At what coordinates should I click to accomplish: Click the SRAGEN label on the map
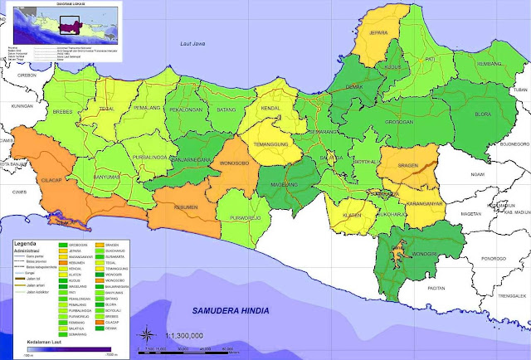pyautogui.click(x=397, y=164)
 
